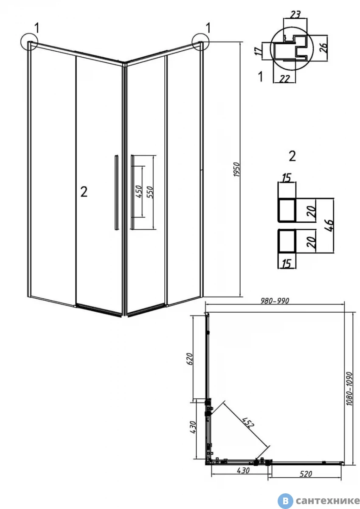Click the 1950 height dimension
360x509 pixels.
tap(236, 170)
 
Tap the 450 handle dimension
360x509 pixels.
tap(139, 191)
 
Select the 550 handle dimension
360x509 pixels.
tap(150, 192)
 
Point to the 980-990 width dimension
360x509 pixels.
tap(275, 301)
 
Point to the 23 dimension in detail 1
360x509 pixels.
tap(295, 14)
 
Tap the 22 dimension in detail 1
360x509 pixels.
tap(284, 79)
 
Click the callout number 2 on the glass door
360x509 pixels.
tap(84, 192)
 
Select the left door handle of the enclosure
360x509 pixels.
tap(116, 193)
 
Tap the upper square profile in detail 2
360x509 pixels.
tap(287, 210)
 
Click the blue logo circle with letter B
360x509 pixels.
tap(285, 501)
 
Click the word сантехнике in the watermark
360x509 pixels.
tap(327, 501)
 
